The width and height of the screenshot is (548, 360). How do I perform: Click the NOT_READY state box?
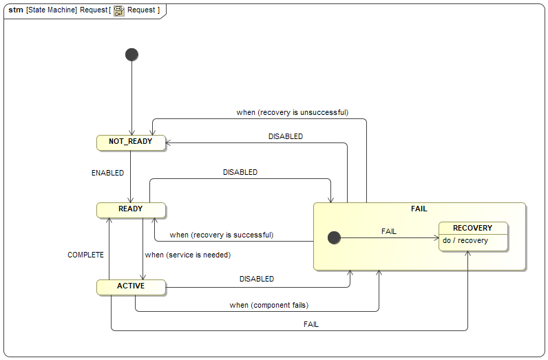point(131,142)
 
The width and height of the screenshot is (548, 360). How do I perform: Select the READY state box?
point(131,209)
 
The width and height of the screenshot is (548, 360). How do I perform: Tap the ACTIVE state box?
point(131,286)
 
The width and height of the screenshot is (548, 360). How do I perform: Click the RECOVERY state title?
point(472,228)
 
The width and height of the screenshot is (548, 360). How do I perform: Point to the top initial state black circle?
point(131,54)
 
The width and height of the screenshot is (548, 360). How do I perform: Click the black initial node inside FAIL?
point(334,237)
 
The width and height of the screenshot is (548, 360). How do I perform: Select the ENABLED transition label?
point(107,173)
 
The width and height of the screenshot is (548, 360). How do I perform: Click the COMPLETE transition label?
point(85,255)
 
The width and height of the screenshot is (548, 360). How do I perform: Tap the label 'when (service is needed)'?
point(187,255)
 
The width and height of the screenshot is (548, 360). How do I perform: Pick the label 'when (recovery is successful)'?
point(221,235)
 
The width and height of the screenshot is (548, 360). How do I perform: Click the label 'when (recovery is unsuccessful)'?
point(292,112)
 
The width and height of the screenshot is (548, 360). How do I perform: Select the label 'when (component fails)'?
point(268,305)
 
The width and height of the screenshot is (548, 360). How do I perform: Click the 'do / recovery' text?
point(465,241)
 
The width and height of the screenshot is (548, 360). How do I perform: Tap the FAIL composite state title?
point(419,209)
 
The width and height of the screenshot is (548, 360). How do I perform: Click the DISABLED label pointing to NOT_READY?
point(285,136)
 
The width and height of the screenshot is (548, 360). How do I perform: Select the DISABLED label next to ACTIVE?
point(256,279)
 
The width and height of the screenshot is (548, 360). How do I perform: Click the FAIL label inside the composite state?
point(388,231)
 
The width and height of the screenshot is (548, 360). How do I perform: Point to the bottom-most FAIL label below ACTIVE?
point(310,324)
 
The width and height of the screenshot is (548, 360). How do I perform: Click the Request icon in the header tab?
point(119,10)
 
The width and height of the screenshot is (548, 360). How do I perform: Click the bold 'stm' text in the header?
point(15,10)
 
